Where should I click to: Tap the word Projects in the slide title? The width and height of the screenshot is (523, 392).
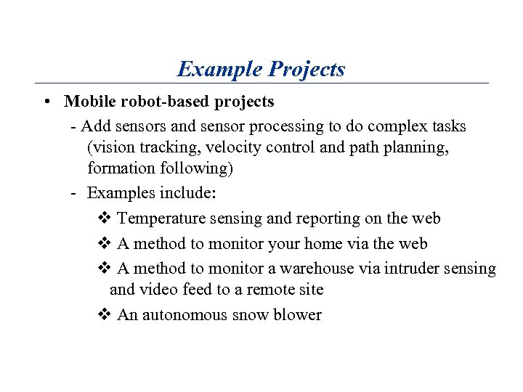(307, 69)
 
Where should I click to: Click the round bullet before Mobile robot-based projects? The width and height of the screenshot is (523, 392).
(46, 102)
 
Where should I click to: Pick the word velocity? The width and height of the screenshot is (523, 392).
(232, 147)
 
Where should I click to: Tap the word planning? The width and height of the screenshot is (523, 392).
(416, 147)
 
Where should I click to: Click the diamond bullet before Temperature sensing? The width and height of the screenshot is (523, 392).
(102, 219)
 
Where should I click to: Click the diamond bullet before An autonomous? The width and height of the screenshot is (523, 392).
(102, 315)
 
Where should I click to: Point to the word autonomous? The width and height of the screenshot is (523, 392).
(185, 315)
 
